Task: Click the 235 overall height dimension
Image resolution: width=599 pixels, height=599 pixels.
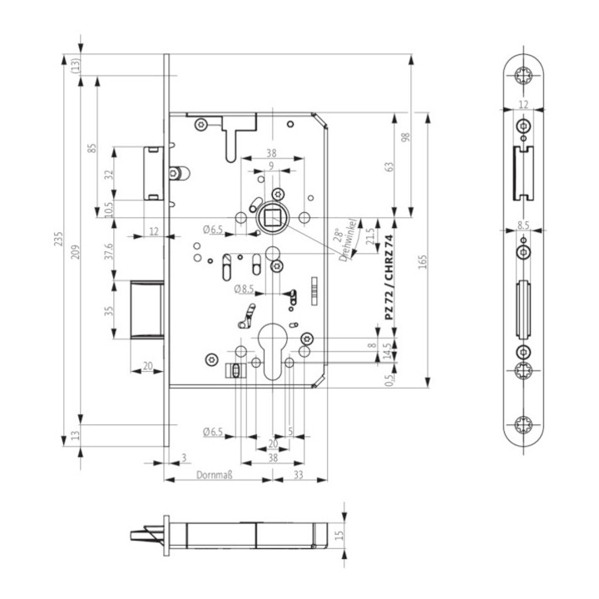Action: pos(57,240)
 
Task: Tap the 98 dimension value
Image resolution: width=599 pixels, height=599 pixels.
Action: pos(405,136)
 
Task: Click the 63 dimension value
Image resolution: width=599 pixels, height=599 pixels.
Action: pos(389,166)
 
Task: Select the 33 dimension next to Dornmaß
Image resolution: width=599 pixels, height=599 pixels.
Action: pos(299,477)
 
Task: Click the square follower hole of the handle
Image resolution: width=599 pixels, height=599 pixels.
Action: pos(272,218)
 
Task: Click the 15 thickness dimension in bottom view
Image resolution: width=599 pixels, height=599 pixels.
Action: pos(339,535)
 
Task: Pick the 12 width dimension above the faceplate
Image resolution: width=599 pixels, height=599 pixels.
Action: pos(522,104)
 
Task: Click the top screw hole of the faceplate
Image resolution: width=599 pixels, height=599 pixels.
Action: pos(522,76)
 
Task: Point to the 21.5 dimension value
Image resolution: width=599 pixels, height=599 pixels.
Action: pos(370,235)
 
